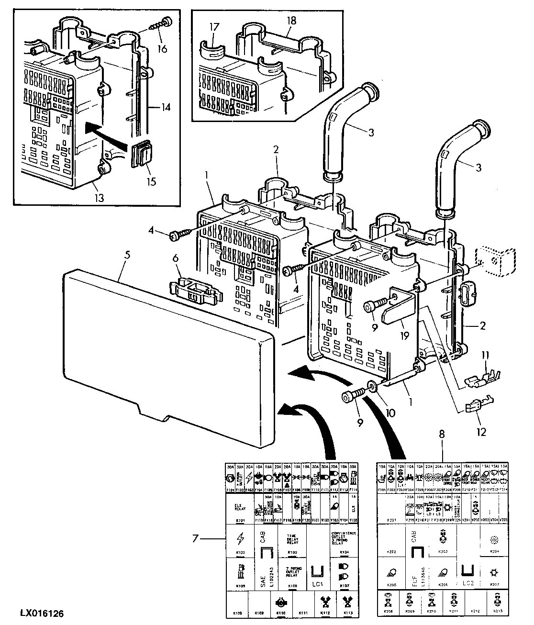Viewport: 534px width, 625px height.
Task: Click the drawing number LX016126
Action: [x=42, y=613]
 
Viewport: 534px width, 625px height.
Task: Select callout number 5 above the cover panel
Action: [x=127, y=255]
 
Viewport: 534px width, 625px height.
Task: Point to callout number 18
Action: [x=291, y=21]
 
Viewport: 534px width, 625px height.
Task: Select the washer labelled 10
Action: [x=371, y=386]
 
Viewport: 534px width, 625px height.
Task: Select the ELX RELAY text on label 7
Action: [x=240, y=508]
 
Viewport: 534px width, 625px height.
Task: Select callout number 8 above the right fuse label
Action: [x=441, y=435]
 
